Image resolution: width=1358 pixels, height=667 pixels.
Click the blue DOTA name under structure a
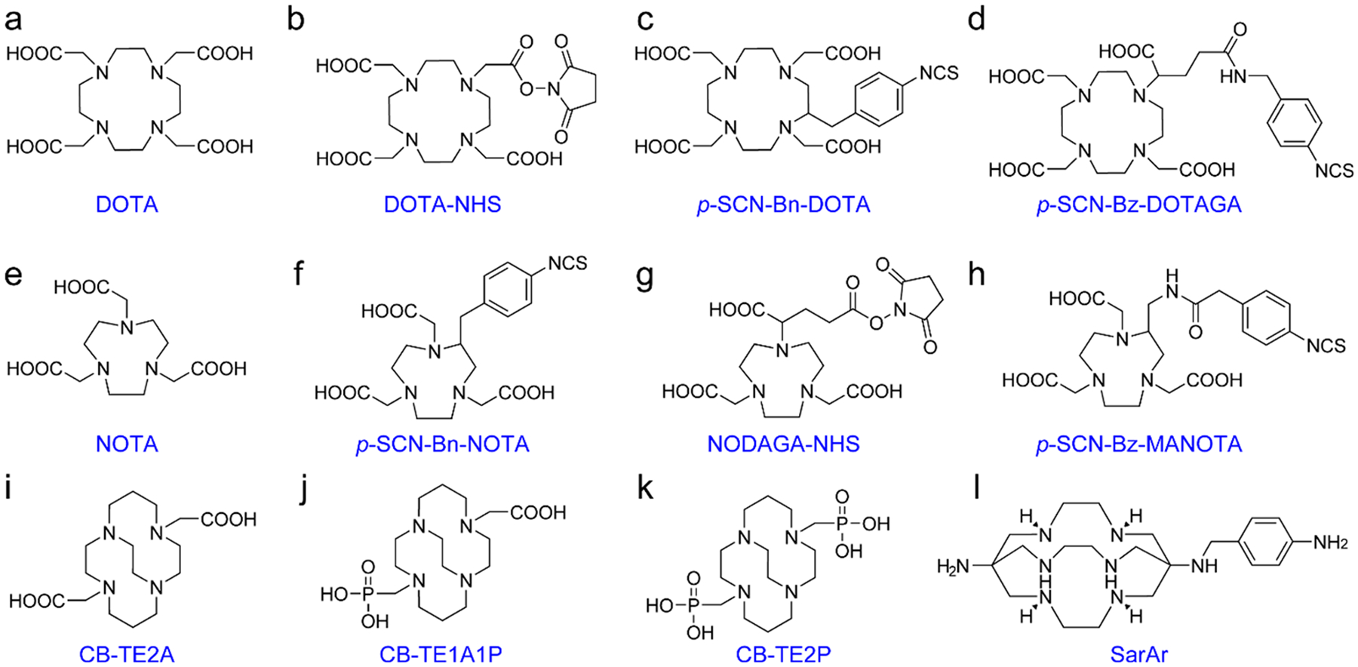coord(127,204)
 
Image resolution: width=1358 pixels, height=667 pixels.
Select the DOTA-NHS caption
coord(442,204)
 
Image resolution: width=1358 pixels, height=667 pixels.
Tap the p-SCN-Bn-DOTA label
coord(783,204)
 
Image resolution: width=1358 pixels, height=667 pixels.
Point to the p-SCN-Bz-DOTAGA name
coord(1138,204)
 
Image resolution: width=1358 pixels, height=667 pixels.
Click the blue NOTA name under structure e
coord(127,444)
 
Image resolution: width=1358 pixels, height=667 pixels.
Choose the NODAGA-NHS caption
coord(783,444)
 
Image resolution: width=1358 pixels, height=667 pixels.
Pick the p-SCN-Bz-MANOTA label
coord(1138,444)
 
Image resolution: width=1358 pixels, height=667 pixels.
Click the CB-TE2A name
coord(127,653)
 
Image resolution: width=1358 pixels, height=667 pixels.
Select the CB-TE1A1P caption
coord(441,653)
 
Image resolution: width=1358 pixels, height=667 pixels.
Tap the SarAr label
coord(1138,653)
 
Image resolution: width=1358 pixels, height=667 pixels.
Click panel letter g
coord(644,276)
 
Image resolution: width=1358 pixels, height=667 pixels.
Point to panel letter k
coord(644,489)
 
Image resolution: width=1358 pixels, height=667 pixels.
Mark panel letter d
coord(976,20)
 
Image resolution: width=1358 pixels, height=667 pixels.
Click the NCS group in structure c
coord(939,73)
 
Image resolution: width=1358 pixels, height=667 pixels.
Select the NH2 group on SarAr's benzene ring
coord(1330,543)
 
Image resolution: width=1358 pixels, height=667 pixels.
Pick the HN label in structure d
coord(1233,76)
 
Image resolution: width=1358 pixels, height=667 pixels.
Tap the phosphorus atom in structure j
coord(368,595)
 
